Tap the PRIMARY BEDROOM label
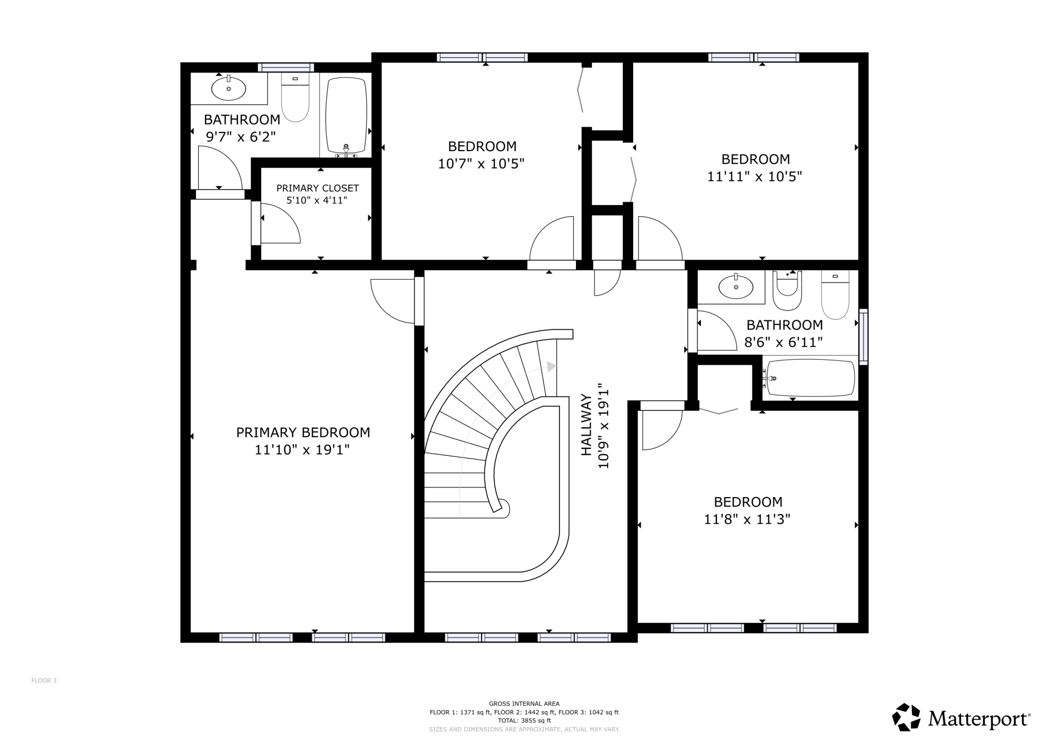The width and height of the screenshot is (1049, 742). coord(303,432)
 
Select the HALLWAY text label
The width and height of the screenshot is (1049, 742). coord(586,425)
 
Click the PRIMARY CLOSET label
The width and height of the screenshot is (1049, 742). coord(317,188)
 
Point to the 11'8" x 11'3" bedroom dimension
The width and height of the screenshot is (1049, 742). coord(747,519)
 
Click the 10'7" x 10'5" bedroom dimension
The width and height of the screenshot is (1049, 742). coord(481,164)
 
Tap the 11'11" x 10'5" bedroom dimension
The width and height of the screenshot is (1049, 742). coord(754,176)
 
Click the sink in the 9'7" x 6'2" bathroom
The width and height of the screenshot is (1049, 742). coord(228,89)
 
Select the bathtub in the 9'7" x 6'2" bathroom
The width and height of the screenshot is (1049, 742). coord(346,116)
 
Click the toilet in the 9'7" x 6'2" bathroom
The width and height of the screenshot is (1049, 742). coord(295,97)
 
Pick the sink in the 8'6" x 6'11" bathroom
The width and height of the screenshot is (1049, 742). coord(736,287)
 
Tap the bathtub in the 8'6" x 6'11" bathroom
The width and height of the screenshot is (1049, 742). coord(811,378)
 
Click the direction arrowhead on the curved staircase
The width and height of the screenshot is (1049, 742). coord(552,366)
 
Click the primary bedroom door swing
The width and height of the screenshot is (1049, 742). coord(393,301)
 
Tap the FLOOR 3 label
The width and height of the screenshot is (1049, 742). coord(44,681)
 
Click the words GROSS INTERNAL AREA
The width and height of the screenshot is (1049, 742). coord(524,704)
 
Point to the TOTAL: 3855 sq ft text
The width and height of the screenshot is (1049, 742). coord(524,721)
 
